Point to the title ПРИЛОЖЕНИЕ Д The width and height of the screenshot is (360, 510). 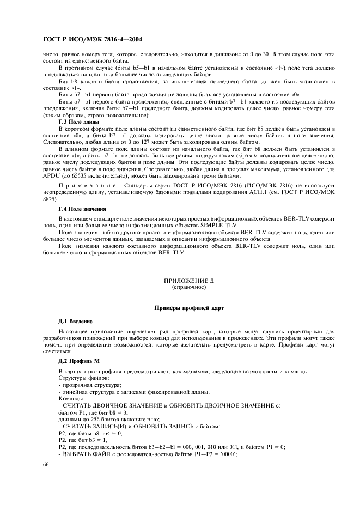[189, 280]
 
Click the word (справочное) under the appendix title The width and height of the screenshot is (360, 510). [189, 286]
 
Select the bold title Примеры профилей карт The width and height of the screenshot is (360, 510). [189, 308]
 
